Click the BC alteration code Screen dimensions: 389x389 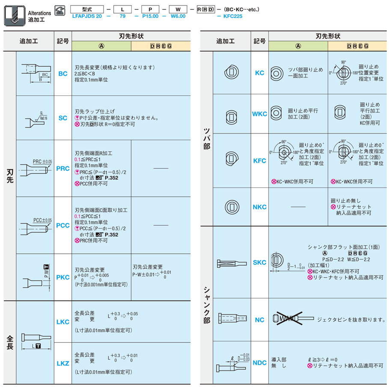[63, 74]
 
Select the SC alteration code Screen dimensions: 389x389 [63, 118]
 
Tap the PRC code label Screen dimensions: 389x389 [63, 169]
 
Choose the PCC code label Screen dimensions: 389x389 [63, 225]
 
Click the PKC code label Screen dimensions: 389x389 [63, 277]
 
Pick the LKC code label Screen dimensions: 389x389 [63, 322]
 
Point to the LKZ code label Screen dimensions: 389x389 [63, 363]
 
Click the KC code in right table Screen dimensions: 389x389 [260, 73]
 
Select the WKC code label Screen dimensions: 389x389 [260, 114]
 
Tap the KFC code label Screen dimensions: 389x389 [260, 160]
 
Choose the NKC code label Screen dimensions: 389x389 [260, 207]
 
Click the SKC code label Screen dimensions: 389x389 [260, 262]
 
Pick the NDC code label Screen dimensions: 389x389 [260, 363]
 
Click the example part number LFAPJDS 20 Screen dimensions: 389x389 [87, 16]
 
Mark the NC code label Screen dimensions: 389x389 [260, 320]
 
